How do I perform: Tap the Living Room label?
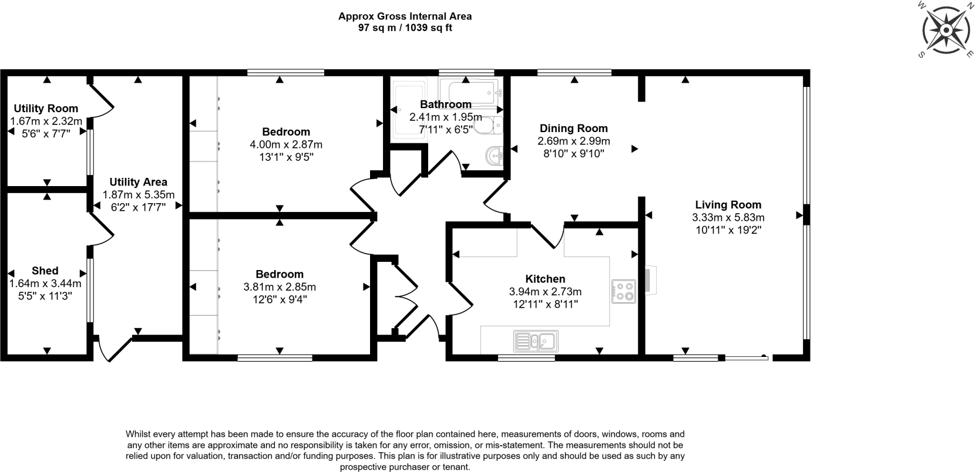[x=728, y=205]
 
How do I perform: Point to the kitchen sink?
[x=536, y=341]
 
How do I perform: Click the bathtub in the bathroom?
[x=473, y=92]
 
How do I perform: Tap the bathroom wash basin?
[x=495, y=156]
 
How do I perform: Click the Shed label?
[x=45, y=271]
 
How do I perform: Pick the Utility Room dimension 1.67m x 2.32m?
[x=46, y=122]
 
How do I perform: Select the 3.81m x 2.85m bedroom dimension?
[x=280, y=287]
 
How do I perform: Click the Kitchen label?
[x=545, y=279]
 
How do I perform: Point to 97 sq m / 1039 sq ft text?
[x=405, y=28]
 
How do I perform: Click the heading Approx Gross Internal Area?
[x=405, y=16]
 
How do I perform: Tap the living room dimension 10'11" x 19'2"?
[x=728, y=230]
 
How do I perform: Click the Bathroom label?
[x=445, y=104]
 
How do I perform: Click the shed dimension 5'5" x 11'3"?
[x=45, y=296]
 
